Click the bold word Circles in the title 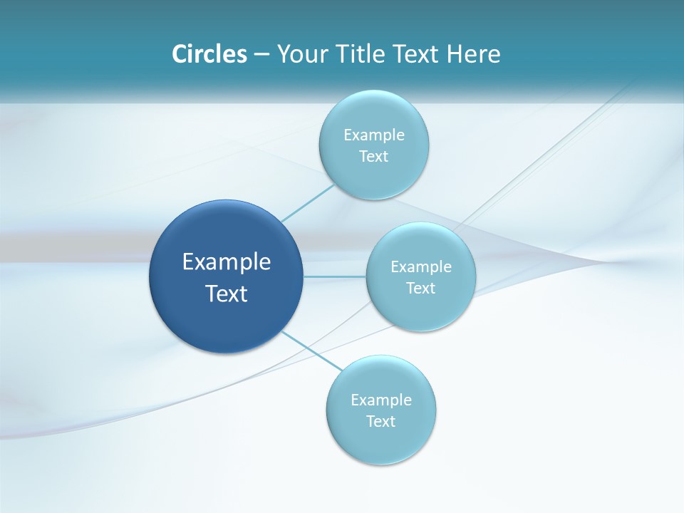tap(209, 53)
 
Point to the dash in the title tap(261, 55)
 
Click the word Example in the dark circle tap(227, 262)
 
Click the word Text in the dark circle tap(227, 294)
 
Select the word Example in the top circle tap(374, 135)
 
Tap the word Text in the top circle tap(373, 157)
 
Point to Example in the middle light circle tap(421, 266)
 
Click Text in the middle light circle tap(420, 289)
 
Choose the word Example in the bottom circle tap(381, 400)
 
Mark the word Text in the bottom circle tap(380, 422)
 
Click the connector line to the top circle tap(308, 202)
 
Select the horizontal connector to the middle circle tap(335, 276)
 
